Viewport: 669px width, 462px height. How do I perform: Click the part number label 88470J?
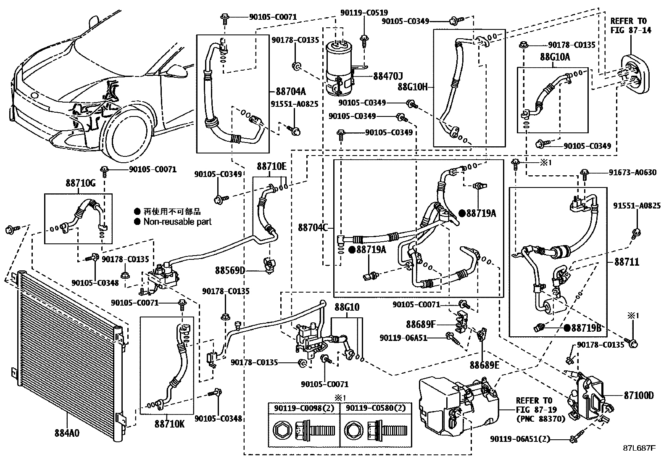tap(388, 76)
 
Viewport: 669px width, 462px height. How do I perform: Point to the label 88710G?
tap(80, 183)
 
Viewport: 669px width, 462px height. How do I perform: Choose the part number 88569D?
tap(230, 270)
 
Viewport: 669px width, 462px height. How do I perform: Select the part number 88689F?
tap(420, 324)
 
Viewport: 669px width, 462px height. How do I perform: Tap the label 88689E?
tap(485, 365)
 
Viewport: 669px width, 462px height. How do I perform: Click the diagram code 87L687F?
tap(639, 448)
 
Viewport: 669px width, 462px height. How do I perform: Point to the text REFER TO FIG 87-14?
tap(631, 25)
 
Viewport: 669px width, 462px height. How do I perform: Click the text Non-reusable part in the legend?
tap(177, 222)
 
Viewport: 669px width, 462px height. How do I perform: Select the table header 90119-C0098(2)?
tap(304, 408)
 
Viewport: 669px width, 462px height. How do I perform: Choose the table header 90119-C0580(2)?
tap(375, 408)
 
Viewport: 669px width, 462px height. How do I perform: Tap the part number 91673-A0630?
tap(632, 172)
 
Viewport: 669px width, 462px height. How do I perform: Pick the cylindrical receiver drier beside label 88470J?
tap(340, 67)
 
